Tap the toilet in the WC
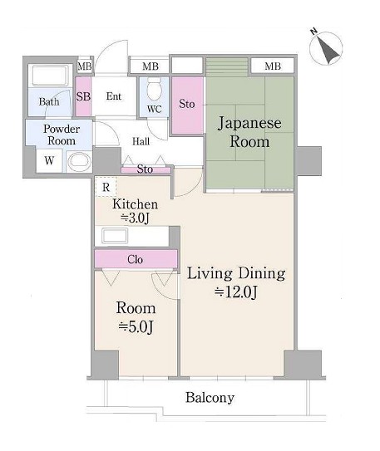click(x=154, y=88)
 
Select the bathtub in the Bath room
click(x=50, y=76)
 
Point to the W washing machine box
click(x=49, y=160)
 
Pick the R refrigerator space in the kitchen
click(x=106, y=187)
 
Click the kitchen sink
click(x=115, y=236)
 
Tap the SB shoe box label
click(x=83, y=96)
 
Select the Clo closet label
click(x=135, y=259)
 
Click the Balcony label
click(x=210, y=398)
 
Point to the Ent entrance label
click(x=114, y=96)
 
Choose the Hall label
click(x=141, y=141)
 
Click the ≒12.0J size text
click(x=235, y=292)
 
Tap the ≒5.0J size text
click(x=136, y=327)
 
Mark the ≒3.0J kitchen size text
click(x=135, y=218)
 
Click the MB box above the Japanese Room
click(x=273, y=66)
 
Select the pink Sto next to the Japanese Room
click(x=187, y=105)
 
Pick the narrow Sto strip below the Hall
click(x=146, y=169)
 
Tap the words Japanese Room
click(x=249, y=132)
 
